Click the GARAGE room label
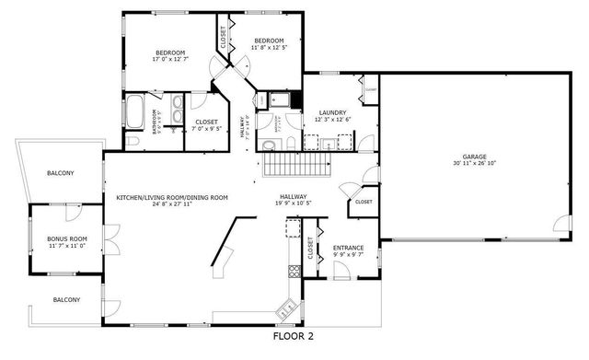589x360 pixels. pyautogui.click(x=474, y=157)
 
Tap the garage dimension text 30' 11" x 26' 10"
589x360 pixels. pyautogui.click(x=474, y=164)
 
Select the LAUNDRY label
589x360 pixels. pyautogui.click(x=332, y=112)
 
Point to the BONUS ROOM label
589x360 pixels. pyautogui.click(x=66, y=238)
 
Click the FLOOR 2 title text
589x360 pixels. pyautogui.click(x=294, y=337)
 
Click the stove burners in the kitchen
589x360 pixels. pyautogui.click(x=294, y=270)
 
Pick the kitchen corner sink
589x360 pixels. pyautogui.click(x=286, y=306)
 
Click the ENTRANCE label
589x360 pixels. pyautogui.click(x=348, y=248)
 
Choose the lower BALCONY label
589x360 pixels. pyautogui.click(x=65, y=300)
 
